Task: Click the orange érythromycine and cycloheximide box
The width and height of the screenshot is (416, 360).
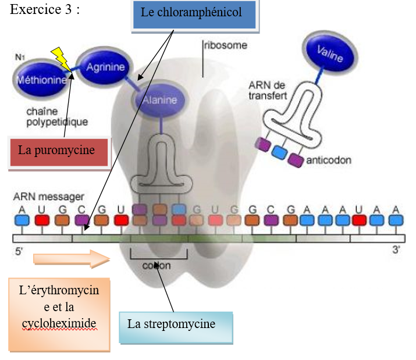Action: coord(59,315)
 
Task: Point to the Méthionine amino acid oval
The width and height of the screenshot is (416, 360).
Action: coord(41,80)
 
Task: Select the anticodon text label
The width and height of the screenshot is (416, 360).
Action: coord(329,159)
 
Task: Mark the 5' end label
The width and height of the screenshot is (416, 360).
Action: coord(17,253)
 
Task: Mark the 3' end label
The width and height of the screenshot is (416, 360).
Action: coord(397,253)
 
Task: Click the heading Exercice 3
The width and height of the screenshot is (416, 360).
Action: coord(44,10)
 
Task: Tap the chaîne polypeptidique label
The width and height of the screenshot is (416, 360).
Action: coord(57,116)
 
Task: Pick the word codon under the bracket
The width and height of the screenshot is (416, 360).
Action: coord(157,266)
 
